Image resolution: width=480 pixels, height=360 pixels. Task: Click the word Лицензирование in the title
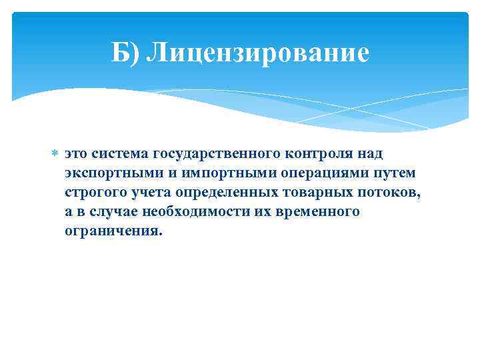tap(258, 53)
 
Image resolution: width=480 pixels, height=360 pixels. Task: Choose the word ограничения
tap(113, 232)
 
